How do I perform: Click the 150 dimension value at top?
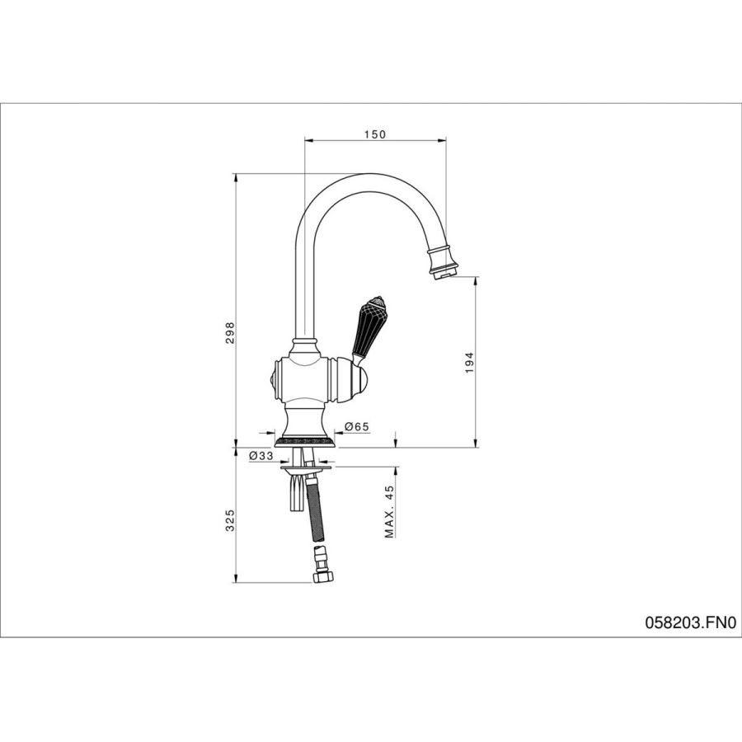point(375,134)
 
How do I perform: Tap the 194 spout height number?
point(469,363)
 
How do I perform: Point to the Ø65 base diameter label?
point(357,427)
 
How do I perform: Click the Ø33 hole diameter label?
point(261,456)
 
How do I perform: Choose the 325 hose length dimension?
point(229,520)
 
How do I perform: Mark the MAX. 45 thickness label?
point(389,512)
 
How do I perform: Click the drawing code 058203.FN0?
point(691,622)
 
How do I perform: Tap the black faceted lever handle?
point(368,327)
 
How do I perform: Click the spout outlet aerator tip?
point(444,273)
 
